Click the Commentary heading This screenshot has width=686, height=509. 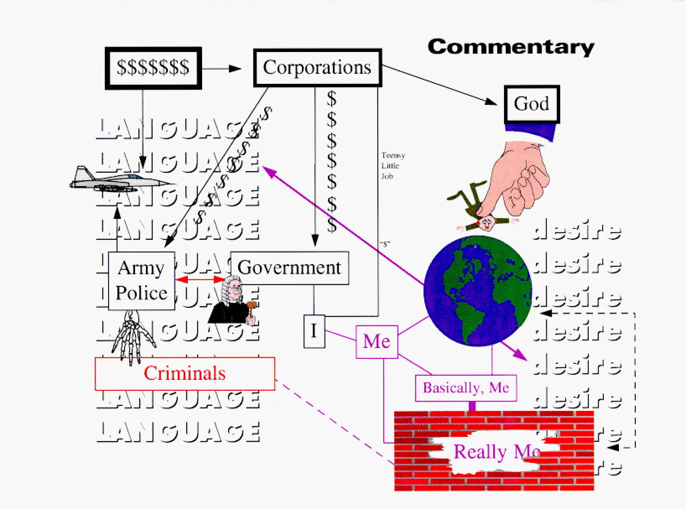(511, 47)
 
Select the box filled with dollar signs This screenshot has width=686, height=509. (153, 68)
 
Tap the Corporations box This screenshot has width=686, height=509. (317, 68)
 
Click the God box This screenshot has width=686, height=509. (531, 104)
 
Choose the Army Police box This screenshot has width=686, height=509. (141, 280)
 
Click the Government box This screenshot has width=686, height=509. (289, 268)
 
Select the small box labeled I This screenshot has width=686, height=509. (314, 331)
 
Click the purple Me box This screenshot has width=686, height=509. (377, 341)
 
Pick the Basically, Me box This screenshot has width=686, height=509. (465, 388)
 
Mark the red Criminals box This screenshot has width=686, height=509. (184, 373)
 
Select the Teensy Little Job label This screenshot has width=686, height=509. (392, 166)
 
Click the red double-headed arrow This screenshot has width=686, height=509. (200, 280)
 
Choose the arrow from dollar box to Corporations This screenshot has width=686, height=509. (221, 68)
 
